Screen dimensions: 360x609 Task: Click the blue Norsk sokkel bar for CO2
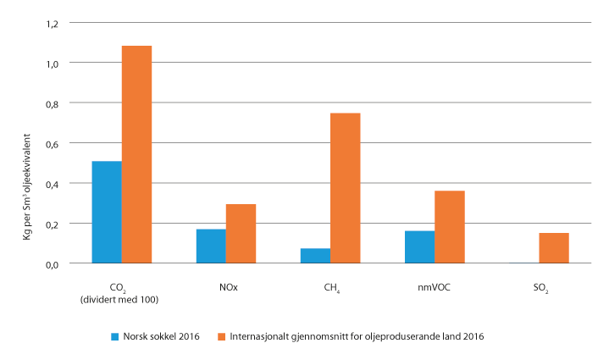click(x=107, y=212)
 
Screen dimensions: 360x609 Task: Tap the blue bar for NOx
click(x=211, y=246)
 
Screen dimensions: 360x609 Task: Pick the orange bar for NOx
click(x=241, y=233)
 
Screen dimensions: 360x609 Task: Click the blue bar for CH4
click(x=315, y=255)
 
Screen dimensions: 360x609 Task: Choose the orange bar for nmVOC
click(x=449, y=227)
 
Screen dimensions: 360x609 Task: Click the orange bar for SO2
click(x=553, y=247)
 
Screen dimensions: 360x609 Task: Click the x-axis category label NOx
click(x=226, y=288)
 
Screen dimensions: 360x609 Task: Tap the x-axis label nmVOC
click(x=434, y=288)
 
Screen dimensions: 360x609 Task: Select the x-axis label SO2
click(x=539, y=289)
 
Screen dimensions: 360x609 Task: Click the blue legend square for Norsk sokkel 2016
click(x=116, y=337)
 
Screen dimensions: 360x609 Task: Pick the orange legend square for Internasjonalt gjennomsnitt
click(x=223, y=337)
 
